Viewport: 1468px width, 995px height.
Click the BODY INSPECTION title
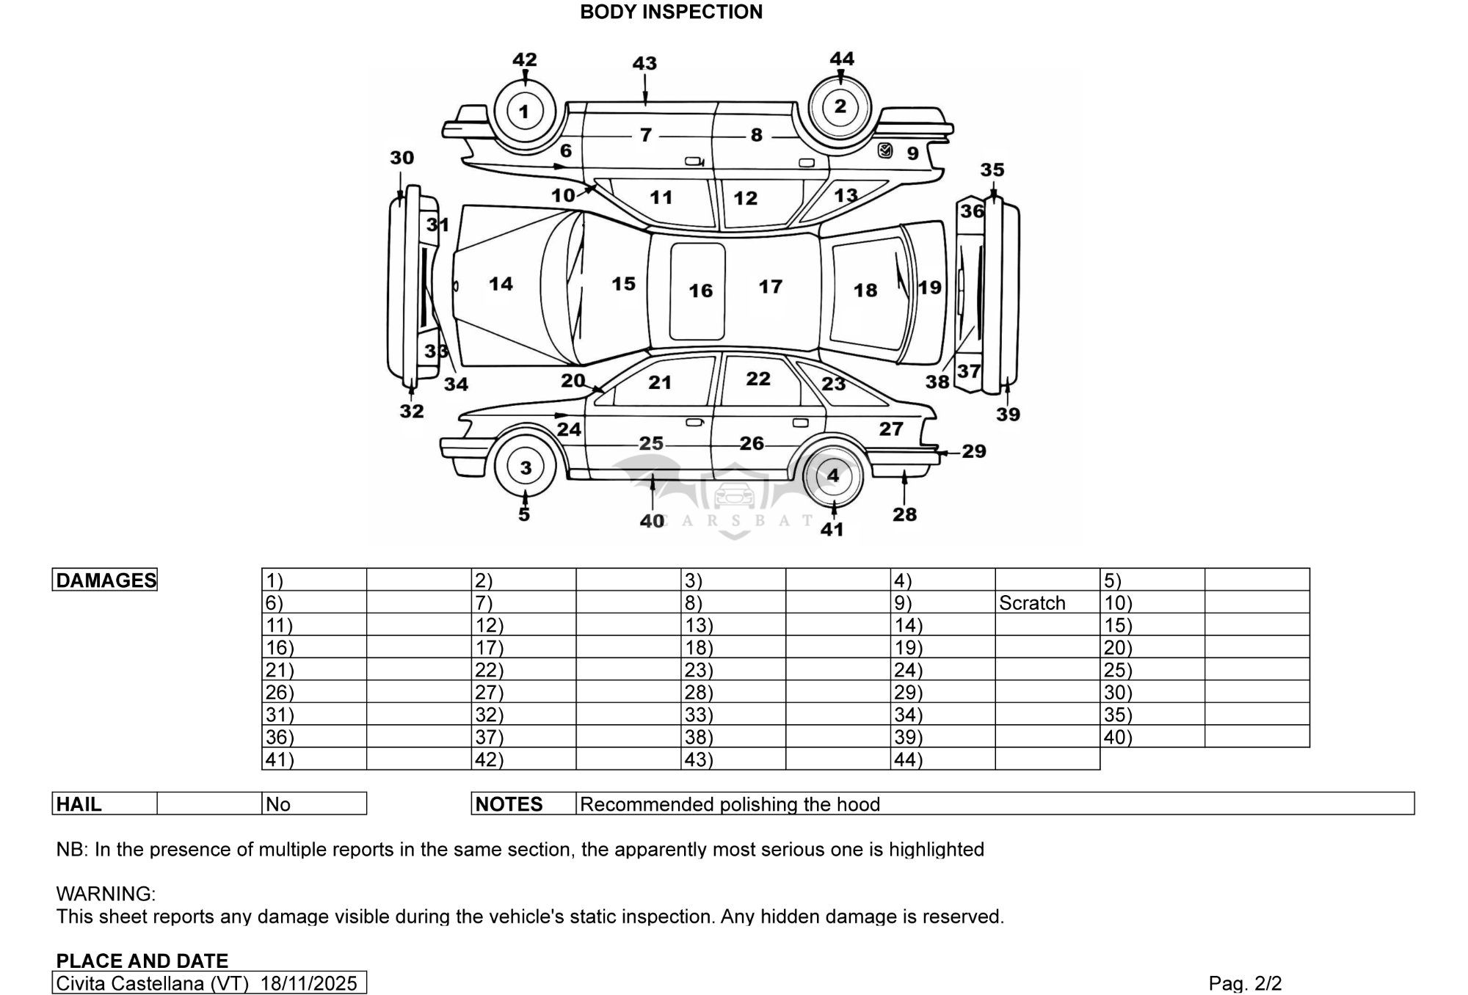click(671, 12)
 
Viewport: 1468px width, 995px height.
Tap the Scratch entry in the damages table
click(1032, 603)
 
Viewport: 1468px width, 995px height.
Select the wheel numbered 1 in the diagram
click(524, 112)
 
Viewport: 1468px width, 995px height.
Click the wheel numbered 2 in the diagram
click(840, 106)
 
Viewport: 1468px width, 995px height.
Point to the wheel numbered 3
click(526, 468)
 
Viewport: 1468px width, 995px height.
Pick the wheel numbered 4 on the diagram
click(832, 475)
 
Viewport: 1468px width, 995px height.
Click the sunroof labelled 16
click(697, 291)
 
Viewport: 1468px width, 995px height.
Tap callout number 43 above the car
click(644, 63)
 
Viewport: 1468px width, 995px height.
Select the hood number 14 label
click(501, 284)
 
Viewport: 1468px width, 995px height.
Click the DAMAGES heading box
click(105, 580)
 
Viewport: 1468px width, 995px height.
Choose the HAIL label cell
click(105, 803)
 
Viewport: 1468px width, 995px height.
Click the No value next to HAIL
click(278, 804)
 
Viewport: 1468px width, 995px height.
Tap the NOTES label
click(509, 804)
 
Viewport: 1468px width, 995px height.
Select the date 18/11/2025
click(308, 983)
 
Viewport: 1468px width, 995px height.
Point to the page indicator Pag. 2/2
click(1245, 983)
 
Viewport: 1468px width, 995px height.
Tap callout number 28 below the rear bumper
click(904, 514)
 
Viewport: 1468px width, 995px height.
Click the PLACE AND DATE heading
click(142, 961)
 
